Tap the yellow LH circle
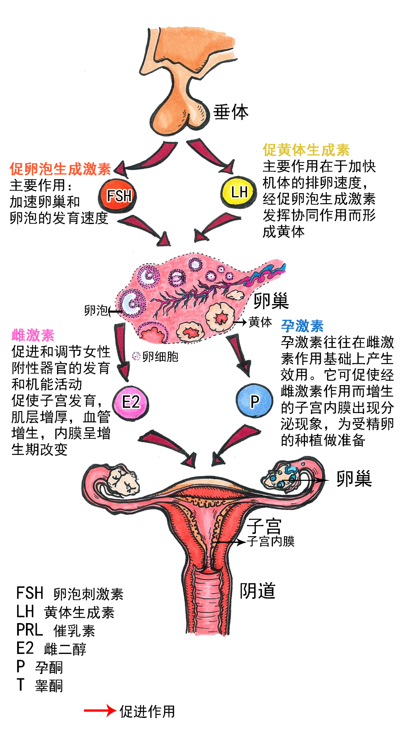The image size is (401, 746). click(x=238, y=192)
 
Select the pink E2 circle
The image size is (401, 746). click(x=131, y=402)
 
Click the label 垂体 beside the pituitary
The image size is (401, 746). click(x=231, y=112)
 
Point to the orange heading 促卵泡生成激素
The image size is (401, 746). click(x=61, y=169)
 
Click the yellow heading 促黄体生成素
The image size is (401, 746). click(x=306, y=150)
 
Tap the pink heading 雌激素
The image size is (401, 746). click(x=33, y=335)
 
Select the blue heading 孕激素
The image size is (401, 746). click(x=302, y=326)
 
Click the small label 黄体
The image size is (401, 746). click(x=260, y=322)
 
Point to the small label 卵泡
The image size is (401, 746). click(x=96, y=310)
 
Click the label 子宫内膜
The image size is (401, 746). click(x=271, y=541)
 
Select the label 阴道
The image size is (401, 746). click(x=257, y=591)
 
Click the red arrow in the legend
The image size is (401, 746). click(x=100, y=710)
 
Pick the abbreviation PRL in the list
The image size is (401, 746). click(x=30, y=630)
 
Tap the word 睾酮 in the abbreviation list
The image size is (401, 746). click(x=49, y=685)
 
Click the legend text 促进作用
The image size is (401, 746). click(x=147, y=711)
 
